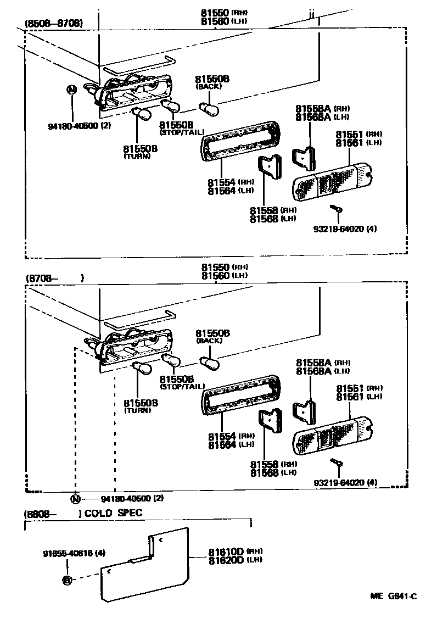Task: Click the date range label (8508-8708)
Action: coord(54,24)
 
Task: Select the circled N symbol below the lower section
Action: coord(75,499)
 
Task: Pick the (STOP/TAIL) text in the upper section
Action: coord(182,132)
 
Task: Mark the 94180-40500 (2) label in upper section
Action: coord(80,126)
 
